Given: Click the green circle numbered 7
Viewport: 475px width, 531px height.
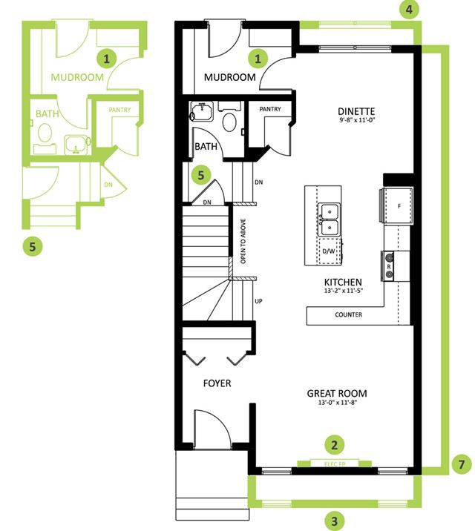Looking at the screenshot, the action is point(462,464).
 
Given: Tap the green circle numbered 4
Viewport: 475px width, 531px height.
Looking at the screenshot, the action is point(409,10).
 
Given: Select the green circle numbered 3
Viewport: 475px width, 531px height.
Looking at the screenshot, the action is point(335,521).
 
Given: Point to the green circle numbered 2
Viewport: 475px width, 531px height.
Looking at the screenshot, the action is point(335,445).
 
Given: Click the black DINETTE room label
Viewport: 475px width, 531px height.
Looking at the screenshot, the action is point(356,111).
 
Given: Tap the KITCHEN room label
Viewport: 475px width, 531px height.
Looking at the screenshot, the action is point(343,282).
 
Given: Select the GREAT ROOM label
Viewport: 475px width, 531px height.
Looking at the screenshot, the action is point(337,394).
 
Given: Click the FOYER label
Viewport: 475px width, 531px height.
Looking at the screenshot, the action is point(217,383).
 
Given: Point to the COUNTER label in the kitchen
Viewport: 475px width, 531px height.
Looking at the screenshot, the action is point(348,314).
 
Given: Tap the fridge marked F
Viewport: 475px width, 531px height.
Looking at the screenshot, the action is point(396,205).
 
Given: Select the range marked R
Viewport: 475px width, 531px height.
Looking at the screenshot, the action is point(388,266).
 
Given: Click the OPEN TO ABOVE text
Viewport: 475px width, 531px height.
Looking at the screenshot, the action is point(243,241).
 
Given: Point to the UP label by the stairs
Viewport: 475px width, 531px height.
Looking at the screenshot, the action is point(258,301).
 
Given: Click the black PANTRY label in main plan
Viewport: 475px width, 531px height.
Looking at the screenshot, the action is point(270,109).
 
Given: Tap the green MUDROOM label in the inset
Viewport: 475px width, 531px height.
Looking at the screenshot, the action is point(77,77).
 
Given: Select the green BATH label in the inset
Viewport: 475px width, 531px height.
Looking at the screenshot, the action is point(47,113).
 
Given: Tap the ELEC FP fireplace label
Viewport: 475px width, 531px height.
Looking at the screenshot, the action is point(335,464).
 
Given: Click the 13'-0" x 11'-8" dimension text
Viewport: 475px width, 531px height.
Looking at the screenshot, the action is point(338,403).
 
